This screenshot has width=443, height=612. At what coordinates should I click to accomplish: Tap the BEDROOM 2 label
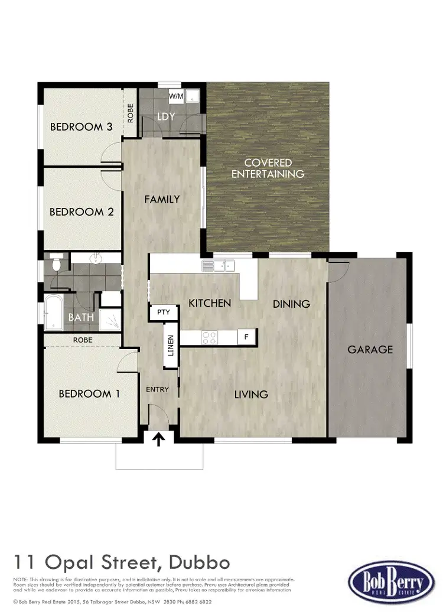[x=81, y=211]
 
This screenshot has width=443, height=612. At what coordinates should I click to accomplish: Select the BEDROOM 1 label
[x=89, y=393]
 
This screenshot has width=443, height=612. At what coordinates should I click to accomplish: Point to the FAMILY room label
[x=162, y=199]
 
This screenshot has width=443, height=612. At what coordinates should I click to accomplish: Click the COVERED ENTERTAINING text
[x=268, y=168]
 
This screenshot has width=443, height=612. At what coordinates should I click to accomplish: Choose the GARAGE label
[x=370, y=349]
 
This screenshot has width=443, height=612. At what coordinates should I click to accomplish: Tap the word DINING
[x=291, y=304]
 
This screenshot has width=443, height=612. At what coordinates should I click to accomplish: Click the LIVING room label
[x=251, y=394]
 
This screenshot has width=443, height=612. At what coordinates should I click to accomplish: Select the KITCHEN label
[x=209, y=303]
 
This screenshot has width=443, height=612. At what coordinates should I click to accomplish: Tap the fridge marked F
[x=246, y=337]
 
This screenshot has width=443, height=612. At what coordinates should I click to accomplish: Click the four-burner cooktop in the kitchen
[x=210, y=337]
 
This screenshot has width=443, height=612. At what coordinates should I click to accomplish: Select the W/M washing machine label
[x=176, y=96]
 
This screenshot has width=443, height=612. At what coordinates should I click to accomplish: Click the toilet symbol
[x=56, y=264]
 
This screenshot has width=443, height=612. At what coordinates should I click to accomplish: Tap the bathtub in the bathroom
[x=53, y=313]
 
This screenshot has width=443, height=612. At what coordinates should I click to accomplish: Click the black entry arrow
[x=159, y=439]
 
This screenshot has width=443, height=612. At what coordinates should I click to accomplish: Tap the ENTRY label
[x=158, y=389]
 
